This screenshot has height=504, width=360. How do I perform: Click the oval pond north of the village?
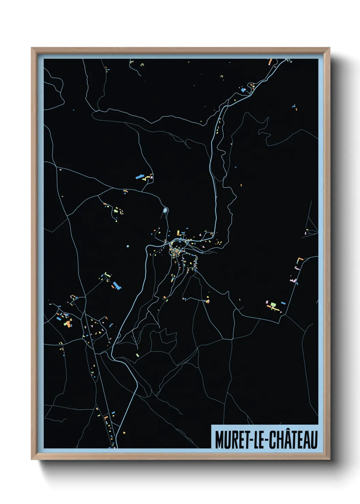click(165, 210)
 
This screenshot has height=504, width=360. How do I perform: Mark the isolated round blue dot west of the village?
click(128, 246)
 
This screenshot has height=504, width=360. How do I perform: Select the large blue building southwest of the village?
click(117, 285)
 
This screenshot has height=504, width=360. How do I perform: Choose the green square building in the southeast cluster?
click(273, 304)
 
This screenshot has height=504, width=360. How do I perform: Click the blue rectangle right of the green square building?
click(283, 303)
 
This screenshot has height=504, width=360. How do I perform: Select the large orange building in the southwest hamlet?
click(69, 324)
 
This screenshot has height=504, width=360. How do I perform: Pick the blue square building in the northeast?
click(243, 90)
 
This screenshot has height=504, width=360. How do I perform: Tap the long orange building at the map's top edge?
click(271, 62)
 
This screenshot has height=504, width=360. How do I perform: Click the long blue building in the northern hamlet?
click(139, 177)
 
